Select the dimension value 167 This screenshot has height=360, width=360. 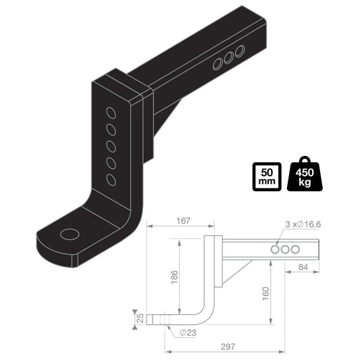pos(180,220)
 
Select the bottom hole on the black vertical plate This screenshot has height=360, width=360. pos(109,179)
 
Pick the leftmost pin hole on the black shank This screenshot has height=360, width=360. pos(218,66)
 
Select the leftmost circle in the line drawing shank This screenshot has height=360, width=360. pos(276,249)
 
